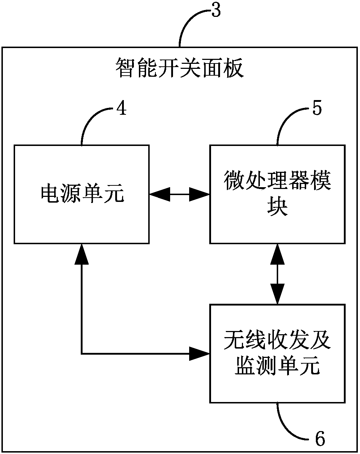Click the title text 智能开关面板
coord(179,69)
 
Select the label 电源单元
coord(82,194)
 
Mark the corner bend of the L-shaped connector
coord(82,354)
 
